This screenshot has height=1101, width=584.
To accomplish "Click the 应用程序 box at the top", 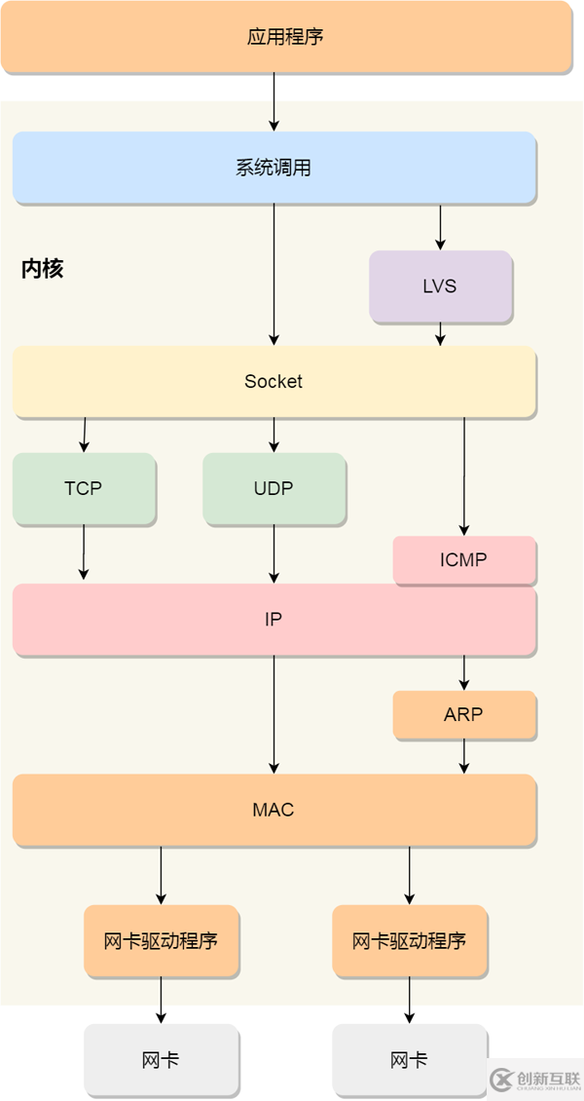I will (x=286, y=37).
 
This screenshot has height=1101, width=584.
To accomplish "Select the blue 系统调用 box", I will (x=274, y=168).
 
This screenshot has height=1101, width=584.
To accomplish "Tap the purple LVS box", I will (x=440, y=286).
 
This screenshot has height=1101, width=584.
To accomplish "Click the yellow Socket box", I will (x=274, y=381).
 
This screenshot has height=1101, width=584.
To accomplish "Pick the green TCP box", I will (x=84, y=488).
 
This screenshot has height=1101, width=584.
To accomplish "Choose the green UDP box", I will (x=274, y=488).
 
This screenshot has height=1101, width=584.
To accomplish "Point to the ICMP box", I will (x=464, y=560).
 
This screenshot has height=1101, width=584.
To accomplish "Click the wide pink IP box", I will (x=274, y=619).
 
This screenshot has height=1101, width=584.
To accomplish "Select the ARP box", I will (x=464, y=714).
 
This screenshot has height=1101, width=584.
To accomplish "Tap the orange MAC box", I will (x=274, y=810).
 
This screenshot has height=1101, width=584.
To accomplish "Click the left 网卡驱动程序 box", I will (x=161, y=940).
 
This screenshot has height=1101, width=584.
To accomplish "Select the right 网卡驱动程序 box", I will (x=409, y=940).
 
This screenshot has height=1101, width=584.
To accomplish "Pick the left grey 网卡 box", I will (x=161, y=1059).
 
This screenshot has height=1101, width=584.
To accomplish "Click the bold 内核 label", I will (x=42, y=269).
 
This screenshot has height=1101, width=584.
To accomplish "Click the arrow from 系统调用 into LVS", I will (x=440, y=227).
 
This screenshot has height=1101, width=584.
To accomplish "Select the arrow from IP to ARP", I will (x=464, y=672).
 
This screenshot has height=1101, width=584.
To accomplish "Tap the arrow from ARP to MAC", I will (x=464, y=756).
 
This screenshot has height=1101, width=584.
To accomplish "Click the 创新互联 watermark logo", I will (x=534, y=1078).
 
